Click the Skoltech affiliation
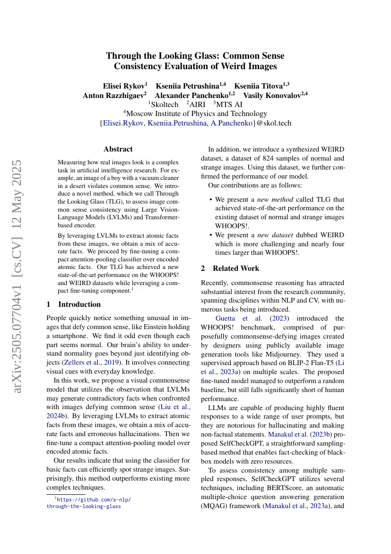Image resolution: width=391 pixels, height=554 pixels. tap(164, 105)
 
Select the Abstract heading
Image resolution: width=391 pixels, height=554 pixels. tap(118, 149)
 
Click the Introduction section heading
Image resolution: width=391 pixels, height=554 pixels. tap(79, 304)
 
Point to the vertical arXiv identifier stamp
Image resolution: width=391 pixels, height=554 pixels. tap(17, 277)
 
